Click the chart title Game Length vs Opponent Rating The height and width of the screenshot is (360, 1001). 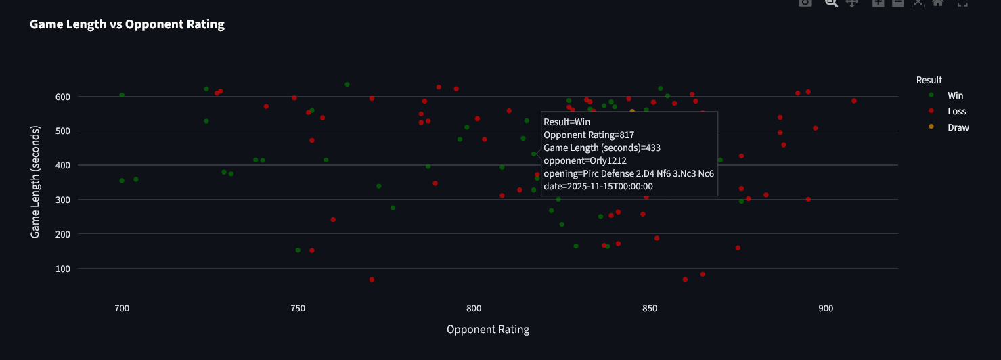(127, 25)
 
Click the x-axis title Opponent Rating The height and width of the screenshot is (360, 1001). (488, 330)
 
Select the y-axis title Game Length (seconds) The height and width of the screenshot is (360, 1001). (35, 181)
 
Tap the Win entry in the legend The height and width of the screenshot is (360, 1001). (955, 95)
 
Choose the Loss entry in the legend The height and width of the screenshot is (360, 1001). (956, 111)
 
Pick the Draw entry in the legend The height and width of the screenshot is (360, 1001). (958, 127)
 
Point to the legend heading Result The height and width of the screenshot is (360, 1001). (929, 80)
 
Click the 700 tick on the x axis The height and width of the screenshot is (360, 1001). (122, 308)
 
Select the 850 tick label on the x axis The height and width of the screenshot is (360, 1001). (650, 308)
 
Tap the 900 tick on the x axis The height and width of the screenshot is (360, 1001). (826, 308)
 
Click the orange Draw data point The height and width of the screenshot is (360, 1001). (632, 111)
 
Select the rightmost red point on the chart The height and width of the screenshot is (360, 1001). (854, 101)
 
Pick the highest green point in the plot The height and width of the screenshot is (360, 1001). (347, 85)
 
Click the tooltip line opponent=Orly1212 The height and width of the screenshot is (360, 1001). (585, 161)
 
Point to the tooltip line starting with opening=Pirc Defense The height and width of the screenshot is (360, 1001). (629, 173)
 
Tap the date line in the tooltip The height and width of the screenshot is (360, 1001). (598, 186)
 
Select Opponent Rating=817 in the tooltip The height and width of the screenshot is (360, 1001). (588, 135)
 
